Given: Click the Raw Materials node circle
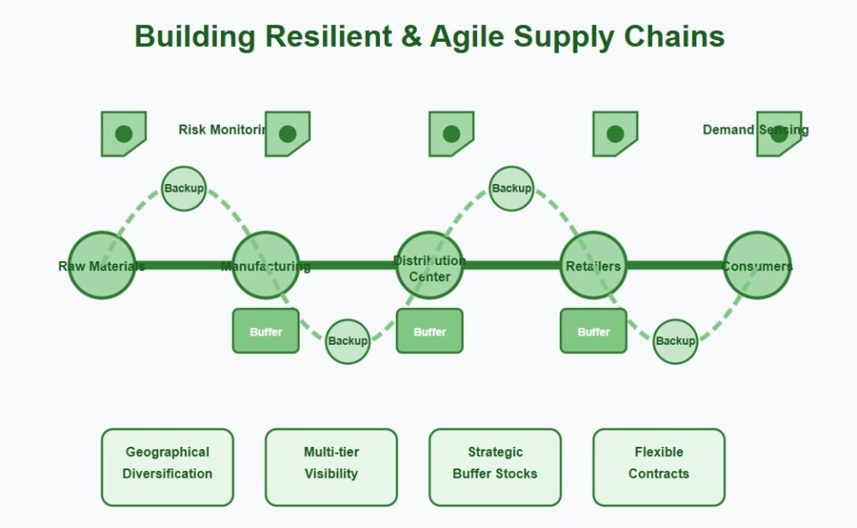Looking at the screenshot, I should [101, 265].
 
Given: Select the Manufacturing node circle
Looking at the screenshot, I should [265, 265].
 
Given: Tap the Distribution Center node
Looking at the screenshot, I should [429, 265].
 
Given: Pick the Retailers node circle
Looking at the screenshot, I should [593, 265].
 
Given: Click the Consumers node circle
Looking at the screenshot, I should [757, 265].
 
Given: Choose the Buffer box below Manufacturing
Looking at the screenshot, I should [265, 331].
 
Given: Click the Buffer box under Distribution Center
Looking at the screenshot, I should [429, 331].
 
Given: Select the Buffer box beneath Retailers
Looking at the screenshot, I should [593, 331].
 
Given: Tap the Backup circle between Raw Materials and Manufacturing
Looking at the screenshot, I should [183, 188].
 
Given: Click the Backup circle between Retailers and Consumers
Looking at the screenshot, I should [675, 341].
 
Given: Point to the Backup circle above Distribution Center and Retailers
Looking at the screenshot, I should [511, 188].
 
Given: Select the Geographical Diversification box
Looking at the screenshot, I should [167, 467].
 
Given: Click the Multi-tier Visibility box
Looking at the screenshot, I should [331, 467].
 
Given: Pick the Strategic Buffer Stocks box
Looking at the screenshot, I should [495, 467].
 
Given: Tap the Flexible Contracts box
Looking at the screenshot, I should [659, 467].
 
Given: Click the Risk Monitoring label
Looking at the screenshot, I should [222, 130].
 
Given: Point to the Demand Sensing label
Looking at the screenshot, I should [755, 130].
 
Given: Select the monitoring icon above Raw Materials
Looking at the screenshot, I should [124, 134].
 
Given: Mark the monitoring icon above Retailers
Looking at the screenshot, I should [615, 134].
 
